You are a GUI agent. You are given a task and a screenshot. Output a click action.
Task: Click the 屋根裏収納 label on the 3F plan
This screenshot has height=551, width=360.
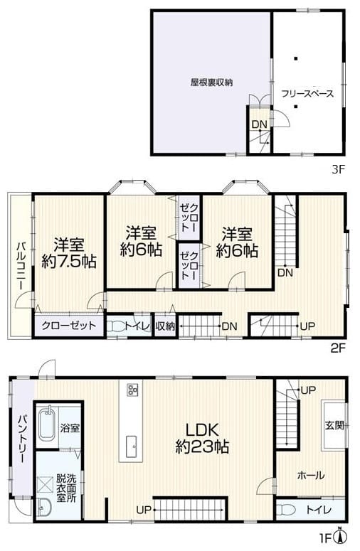coord(211,82)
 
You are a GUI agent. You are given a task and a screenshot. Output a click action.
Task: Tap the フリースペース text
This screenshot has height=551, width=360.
coord(307,93)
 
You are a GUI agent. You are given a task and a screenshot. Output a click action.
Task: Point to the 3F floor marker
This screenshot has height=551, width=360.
coord(339,170)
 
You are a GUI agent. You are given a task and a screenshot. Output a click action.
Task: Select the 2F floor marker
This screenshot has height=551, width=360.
coord(339,348)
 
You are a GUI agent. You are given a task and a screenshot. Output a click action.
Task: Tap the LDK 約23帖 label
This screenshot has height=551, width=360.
coord(202,439)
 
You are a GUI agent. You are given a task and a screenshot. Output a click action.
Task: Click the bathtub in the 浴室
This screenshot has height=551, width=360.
coord(46,424)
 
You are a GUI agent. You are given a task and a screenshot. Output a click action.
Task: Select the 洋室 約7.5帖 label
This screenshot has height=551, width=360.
coord(69,253)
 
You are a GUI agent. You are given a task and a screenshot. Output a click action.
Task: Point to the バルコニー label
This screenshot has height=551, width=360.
coord(21,265)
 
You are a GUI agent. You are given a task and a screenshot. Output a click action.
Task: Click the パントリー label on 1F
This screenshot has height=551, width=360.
coord(23,439)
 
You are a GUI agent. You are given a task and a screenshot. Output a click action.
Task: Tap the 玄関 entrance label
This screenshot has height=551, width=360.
coord(334,425)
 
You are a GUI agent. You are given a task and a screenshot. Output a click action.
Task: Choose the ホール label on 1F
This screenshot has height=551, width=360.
coord(311,476)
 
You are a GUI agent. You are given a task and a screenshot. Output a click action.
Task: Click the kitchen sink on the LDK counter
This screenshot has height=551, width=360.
coord(132,446)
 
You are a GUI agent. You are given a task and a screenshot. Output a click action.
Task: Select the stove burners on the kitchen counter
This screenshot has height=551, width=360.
coord(132,390)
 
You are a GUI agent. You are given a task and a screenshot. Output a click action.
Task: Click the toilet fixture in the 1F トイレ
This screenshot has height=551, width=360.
coord(286,510)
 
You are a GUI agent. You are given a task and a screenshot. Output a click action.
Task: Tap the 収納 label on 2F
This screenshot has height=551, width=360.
coord(165,326)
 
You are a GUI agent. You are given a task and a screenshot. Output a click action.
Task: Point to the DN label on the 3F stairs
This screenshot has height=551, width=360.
coord(260,124)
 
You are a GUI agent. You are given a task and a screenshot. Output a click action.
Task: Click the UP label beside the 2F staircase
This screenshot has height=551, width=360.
coord(307,326)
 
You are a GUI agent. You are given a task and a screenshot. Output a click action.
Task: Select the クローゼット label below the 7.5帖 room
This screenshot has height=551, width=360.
coord(69,326)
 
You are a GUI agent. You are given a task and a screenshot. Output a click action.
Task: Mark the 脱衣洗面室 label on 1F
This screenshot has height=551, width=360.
coord(66,488)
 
